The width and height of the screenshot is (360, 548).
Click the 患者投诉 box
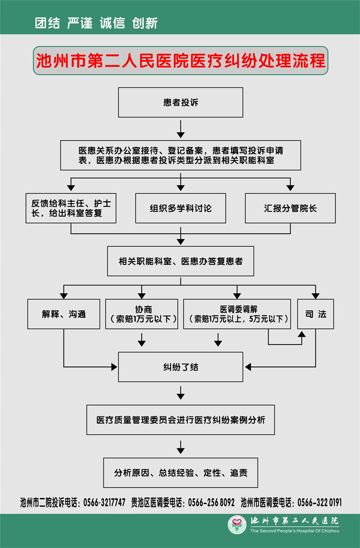(180, 103)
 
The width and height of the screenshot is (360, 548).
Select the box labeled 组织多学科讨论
(180, 208)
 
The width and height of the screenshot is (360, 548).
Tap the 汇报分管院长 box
(290, 208)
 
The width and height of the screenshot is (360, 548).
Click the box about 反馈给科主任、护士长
(71, 208)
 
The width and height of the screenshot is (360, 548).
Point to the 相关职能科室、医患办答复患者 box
(180, 261)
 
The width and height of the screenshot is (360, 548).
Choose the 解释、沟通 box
(64, 314)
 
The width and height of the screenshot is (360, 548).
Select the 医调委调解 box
(237, 314)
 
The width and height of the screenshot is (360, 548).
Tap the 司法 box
(315, 314)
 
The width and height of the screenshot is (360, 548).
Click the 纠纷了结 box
(180, 367)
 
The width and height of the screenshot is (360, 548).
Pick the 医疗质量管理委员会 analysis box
(180, 420)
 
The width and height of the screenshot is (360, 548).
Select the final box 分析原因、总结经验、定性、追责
(180, 473)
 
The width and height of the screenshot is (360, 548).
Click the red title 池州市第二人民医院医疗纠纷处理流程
(180, 61)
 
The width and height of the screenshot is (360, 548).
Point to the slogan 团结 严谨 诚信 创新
(96, 23)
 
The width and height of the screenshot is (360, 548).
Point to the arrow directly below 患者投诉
(180, 130)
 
